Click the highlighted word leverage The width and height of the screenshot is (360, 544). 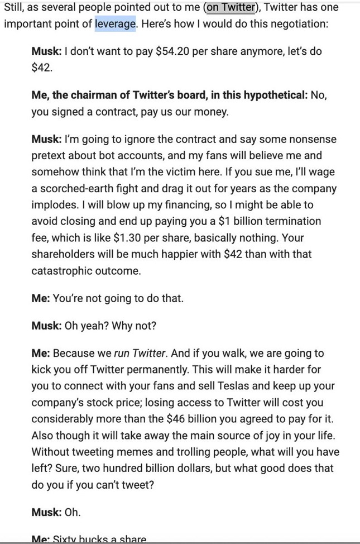(116, 25)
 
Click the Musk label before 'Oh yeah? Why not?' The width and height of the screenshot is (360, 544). (46, 326)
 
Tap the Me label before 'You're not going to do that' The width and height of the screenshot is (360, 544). (41, 298)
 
